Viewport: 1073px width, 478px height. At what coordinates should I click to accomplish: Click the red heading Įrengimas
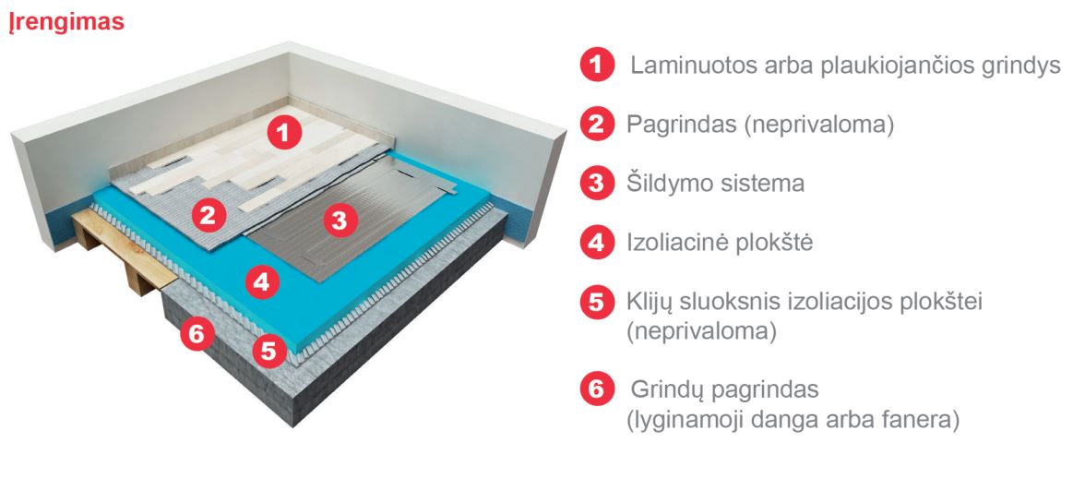[x=66, y=22]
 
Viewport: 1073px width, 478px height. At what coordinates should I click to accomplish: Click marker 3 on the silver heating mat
[x=340, y=221]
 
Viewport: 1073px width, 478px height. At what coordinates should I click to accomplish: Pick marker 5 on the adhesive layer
[x=269, y=351]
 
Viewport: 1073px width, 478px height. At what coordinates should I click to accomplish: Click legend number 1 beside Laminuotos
[x=598, y=66]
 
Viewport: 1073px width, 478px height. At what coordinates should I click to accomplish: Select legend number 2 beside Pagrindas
[x=598, y=124]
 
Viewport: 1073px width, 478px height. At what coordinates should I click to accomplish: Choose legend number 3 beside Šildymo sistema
[x=598, y=183]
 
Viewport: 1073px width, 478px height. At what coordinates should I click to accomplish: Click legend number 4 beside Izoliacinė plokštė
[x=598, y=243]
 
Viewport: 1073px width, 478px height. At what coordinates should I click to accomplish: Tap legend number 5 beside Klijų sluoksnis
[x=598, y=302]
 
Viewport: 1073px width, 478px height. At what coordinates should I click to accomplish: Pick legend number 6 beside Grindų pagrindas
[x=598, y=389]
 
